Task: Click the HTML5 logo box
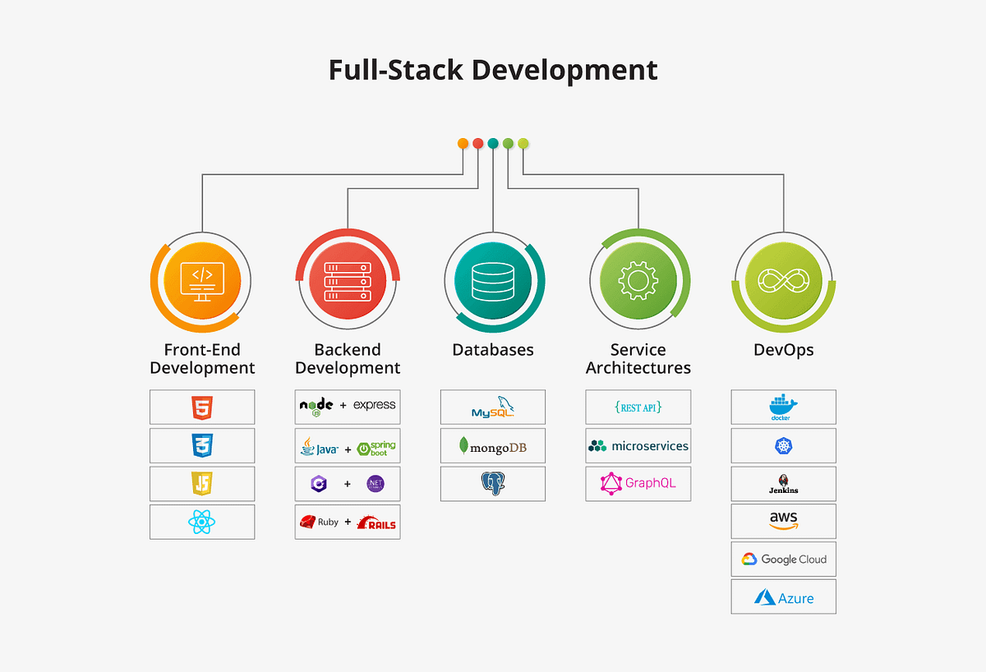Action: pyautogui.click(x=202, y=407)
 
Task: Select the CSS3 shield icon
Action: pyautogui.click(x=202, y=445)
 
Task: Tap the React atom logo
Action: pyautogui.click(x=202, y=522)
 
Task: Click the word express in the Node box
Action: pyautogui.click(x=374, y=405)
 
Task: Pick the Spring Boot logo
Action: pyautogui.click(x=376, y=449)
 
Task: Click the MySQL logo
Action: pyautogui.click(x=493, y=407)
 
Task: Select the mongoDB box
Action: pyautogui.click(x=493, y=446)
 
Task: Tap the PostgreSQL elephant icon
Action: pyautogui.click(x=492, y=484)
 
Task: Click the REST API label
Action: pyautogui.click(x=638, y=407)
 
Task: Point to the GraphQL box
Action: pyautogui.click(x=638, y=483)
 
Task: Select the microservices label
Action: pyautogui.click(x=649, y=446)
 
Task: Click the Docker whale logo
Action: pyautogui.click(x=783, y=407)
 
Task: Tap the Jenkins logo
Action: pyautogui.click(x=783, y=484)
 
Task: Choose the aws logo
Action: pyautogui.click(x=783, y=522)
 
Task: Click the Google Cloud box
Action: pyautogui.click(x=783, y=559)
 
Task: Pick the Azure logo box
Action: pyautogui.click(x=783, y=597)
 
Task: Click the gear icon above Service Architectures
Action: pyautogui.click(x=638, y=280)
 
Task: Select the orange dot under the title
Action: pyautogui.click(x=463, y=143)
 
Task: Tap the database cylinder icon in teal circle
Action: pyautogui.click(x=493, y=280)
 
